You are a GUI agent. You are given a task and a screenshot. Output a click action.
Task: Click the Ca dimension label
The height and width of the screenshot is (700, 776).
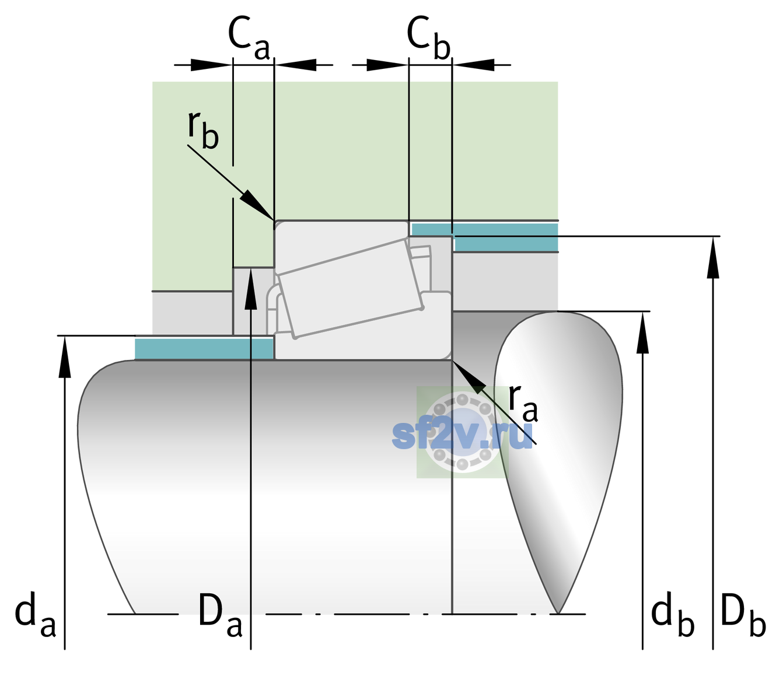[x=249, y=38]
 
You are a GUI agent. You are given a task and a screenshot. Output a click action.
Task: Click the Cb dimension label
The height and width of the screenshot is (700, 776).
[x=429, y=38]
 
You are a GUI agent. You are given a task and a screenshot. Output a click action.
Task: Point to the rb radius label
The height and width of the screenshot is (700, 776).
[x=203, y=129]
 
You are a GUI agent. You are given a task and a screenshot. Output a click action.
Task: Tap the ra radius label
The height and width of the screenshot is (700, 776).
[x=523, y=402]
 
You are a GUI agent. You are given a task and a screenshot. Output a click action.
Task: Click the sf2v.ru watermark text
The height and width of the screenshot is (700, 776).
[x=462, y=435]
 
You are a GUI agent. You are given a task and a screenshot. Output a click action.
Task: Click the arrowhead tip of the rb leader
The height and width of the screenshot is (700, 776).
[x=274, y=220]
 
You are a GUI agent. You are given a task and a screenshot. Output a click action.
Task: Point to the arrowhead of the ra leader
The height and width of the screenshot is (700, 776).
[x=453, y=361]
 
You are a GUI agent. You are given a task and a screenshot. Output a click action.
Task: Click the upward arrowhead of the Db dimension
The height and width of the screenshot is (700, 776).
[x=713, y=237]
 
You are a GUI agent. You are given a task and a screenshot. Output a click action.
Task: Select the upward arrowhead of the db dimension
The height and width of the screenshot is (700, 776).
[x=642, y=311]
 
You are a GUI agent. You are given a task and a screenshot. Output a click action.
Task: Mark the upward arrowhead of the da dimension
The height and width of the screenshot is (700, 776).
[x=65, y=336]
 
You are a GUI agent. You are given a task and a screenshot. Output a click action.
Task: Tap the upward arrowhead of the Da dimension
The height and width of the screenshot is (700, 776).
[x=251, y=268]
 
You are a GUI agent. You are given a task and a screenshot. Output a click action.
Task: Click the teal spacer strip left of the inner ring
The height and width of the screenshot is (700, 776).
[x=204, y=348]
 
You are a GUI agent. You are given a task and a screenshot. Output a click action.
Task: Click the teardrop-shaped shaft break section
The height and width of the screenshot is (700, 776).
[x=558, y=444]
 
